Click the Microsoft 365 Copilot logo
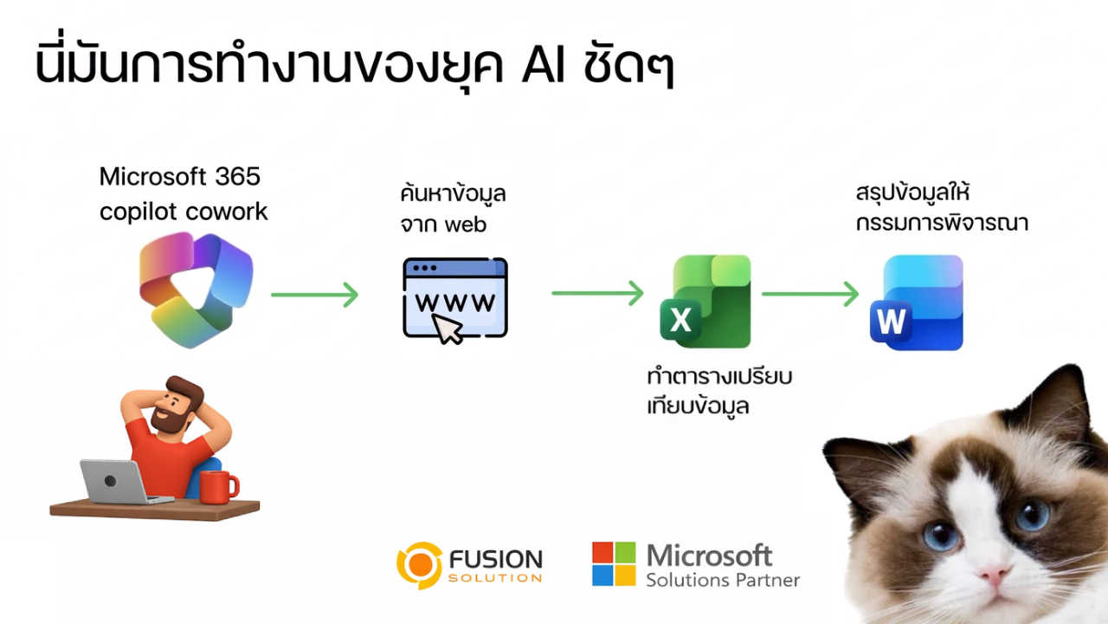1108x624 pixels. pos(196,289)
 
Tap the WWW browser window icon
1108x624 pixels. pos(455,298)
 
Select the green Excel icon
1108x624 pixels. pos(705,301)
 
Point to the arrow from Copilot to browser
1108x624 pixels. pos(314,295)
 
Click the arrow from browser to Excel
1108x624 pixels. pos(597,293)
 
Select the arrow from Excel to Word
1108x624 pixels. pos(809,294)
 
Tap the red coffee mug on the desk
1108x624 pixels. pos(216,486)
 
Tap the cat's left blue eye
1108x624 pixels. pos(941,534)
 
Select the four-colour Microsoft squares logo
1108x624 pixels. pos(614,563)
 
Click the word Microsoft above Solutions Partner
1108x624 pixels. pos(709,555)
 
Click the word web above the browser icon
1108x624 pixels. pos(466,225)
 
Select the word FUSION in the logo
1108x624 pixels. pos(496,559)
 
